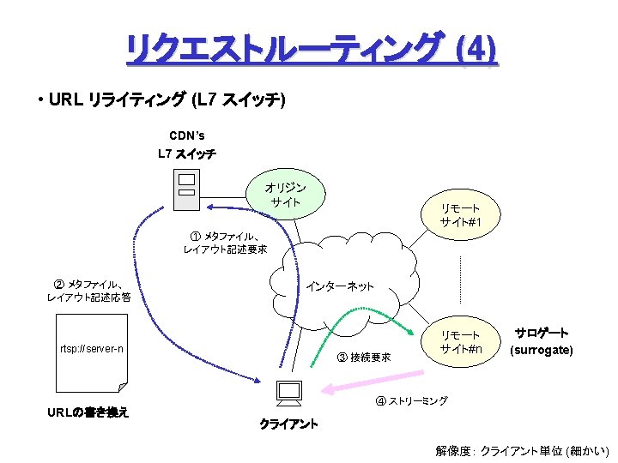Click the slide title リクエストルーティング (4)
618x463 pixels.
pyautogui.click(x=310, y=51)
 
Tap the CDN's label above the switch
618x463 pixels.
pyautogui.click(x=187, y=135)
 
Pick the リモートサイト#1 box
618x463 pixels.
pyautogui.click(x=460, y=215)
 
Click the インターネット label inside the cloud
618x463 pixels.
pyautogui.click(x=340, y=286)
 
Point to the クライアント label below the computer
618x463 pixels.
pyautogui.click(x=288, y=424)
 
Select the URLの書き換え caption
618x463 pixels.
pyautogui.click(x=88, y=412)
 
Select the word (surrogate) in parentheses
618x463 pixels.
pyautogui.click(x=541, y=350)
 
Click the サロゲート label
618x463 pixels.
pyautogui.click(x=541, y=334)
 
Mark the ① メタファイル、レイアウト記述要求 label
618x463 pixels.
pyautogui.click(x=225, y=243)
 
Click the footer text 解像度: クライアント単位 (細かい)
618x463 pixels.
pyautogui.click(x=522, y=450)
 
